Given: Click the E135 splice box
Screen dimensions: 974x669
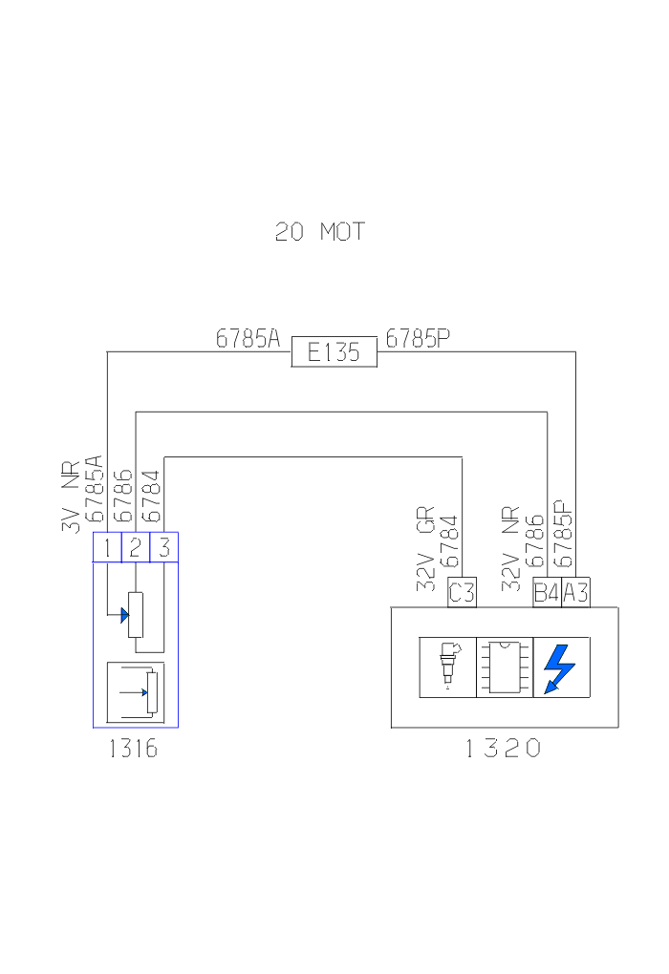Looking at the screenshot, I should pos(334,351).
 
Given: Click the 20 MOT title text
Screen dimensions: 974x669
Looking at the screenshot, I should pos(320,232).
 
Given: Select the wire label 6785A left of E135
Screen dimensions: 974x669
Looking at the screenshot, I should pos(248,338).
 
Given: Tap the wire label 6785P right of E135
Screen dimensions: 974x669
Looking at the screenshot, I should pos(418,338).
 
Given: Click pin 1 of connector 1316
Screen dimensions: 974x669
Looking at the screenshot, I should pos(107,548).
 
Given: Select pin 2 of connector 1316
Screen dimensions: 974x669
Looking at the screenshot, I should pos(136,548).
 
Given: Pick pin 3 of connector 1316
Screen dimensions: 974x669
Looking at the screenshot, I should pos(164,548).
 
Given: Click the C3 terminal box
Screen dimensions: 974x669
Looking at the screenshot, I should pos(462,593).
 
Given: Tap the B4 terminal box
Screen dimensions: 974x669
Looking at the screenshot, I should pos(547,593).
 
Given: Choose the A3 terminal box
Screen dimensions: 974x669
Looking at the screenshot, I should pos(575,593).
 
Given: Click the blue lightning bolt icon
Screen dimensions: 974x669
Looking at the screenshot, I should pos(561,667).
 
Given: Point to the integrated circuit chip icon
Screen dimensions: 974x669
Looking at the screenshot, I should pos(504,667).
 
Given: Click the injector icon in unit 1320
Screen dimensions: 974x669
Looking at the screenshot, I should pos(447,667).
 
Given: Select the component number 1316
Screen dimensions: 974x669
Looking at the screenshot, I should pos(133,749).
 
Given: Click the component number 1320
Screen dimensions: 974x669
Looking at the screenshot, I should pos(504,749).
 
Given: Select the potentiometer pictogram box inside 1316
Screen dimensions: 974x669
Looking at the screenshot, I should pos(136,691).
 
